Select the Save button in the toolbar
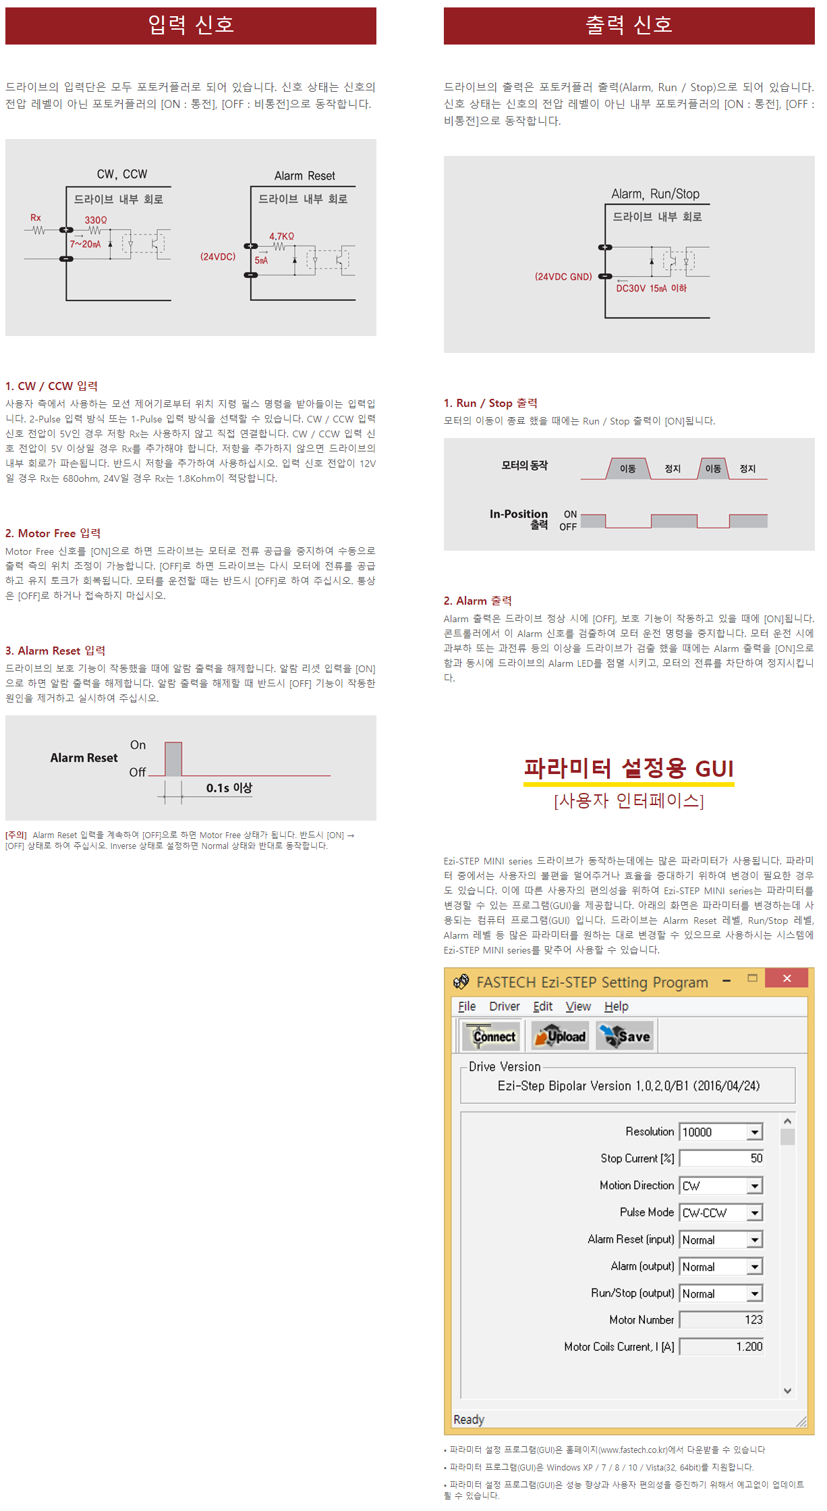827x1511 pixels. tap(626, 1037)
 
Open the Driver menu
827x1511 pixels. tap(504, 1006)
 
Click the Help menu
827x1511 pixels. tap(616, 1006)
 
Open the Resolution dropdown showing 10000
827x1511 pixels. tap(721, 1132)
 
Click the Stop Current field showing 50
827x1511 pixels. tap(721, 1158)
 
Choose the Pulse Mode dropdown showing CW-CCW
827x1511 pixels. tap(721, 1213)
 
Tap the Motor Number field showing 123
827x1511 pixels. tap(721, 1319)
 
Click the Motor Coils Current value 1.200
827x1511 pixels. tap(721, 1346)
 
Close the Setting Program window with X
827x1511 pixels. tap(787, 979)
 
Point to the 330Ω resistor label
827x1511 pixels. tap(96, 220)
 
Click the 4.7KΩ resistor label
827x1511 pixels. tap(281, 236)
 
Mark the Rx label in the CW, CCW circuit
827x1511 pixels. tap(36, 217)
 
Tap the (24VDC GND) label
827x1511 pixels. tap(563, 277)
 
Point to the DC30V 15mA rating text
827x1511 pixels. tap(651, 289)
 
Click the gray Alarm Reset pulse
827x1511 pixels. tap(173, 759)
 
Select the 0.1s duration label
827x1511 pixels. tap(229, 788)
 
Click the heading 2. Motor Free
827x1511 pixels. tap(53, 533)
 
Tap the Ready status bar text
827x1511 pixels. tap(469, 1419)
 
